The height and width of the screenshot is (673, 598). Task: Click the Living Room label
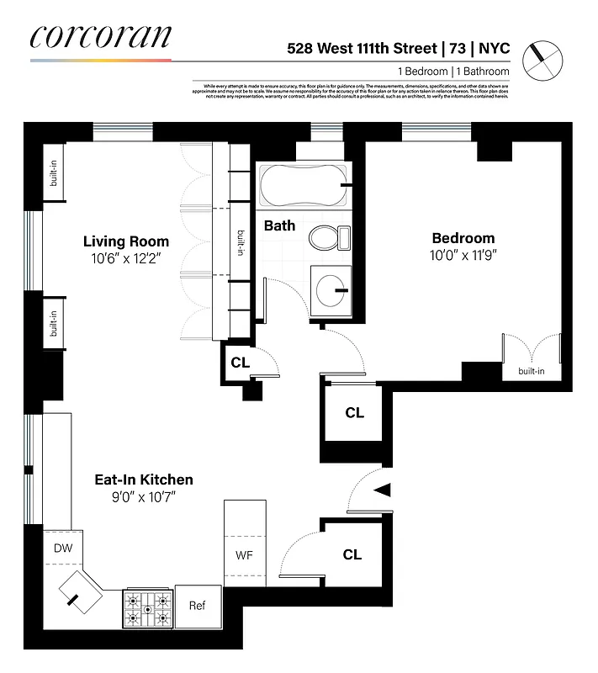click(x=126, y=241)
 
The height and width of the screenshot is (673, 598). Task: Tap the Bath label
click(x=279, y=225)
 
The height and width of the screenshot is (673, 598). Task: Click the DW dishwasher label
click(x=64, y=548)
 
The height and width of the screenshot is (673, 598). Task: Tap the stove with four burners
click(x=148, y=609)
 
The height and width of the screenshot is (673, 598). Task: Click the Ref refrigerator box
click(x=197, y=606)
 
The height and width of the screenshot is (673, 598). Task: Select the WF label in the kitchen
click(x=244, y=556)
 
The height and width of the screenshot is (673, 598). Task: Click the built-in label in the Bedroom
click(x=531, y=371)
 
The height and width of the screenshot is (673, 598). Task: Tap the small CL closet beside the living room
click(x=240, y=363)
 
